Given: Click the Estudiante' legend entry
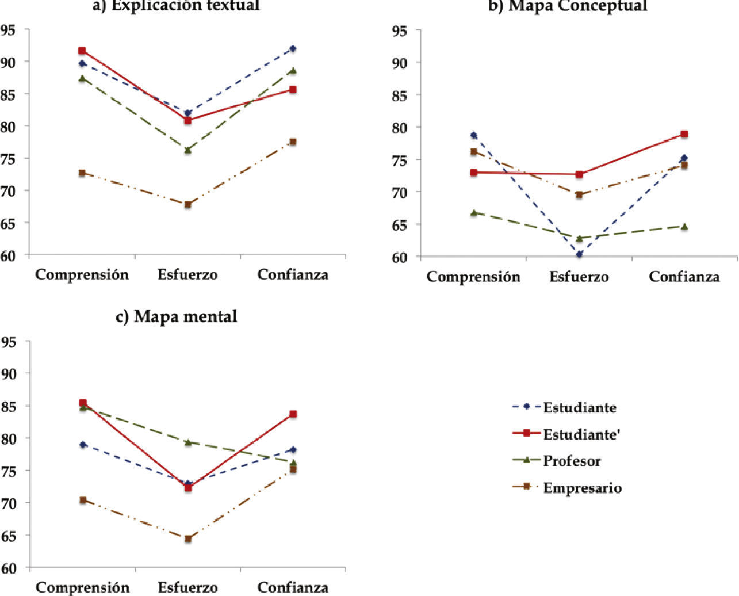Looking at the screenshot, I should (581, 434).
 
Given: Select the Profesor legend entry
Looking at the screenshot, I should (572, 461).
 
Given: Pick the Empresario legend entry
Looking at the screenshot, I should (582, 488).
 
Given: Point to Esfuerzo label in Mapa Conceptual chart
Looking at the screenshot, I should (579, 277).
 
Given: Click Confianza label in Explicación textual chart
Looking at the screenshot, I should (293, 274).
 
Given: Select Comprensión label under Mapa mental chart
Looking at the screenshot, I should (82, 587).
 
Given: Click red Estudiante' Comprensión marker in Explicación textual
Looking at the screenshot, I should (82, 51).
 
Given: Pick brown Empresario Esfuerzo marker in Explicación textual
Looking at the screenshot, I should (187, 204).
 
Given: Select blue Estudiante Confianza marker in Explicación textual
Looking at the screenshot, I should (293, 48).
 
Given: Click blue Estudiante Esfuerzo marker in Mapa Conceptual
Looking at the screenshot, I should (579, 254).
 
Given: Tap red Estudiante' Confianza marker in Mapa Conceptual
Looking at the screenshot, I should (684, 134).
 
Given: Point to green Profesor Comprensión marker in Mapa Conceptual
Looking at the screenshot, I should (473, 212).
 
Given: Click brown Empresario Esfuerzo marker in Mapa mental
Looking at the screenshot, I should (187, 539).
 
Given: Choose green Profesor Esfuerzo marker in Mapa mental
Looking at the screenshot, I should (187, 442).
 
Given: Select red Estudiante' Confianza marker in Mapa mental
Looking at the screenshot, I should (293, 414).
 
